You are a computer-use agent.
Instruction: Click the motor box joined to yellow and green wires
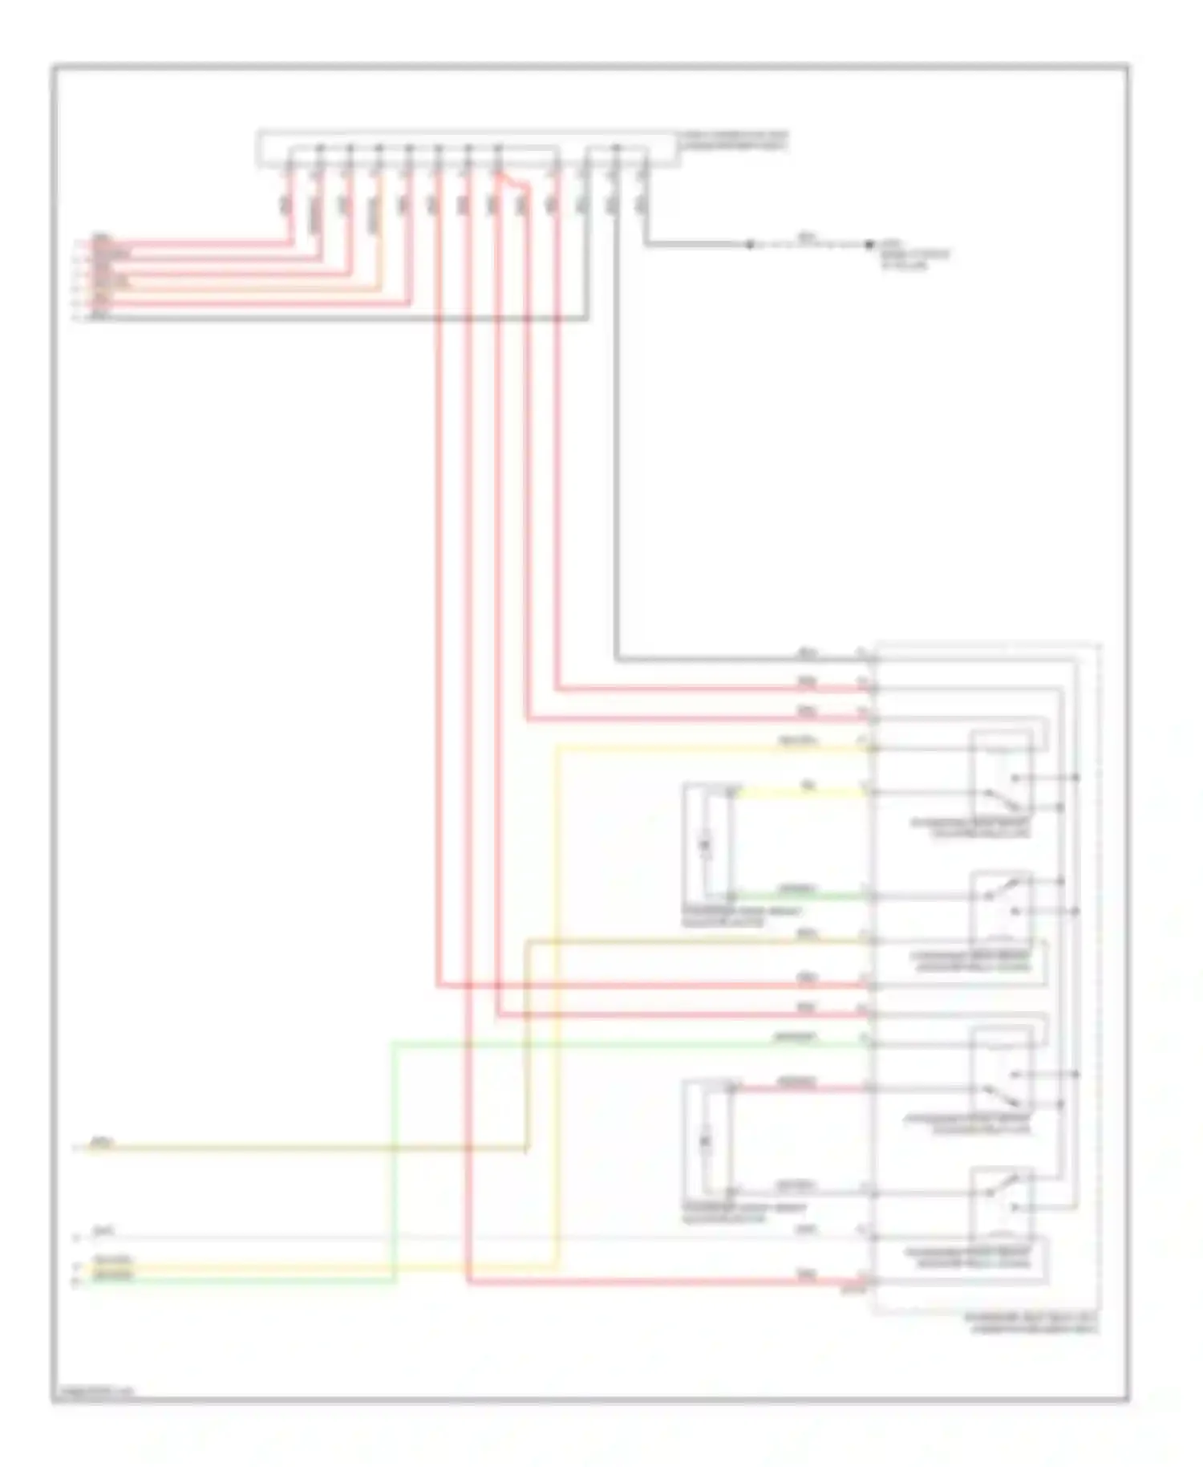click(707, 843)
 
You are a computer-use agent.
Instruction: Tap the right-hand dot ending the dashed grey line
click(869, 245)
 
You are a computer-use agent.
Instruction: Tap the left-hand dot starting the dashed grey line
click(750, 245)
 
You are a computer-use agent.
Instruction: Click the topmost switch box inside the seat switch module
click(1001, 772)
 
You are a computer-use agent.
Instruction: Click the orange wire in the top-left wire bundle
click(241, 287)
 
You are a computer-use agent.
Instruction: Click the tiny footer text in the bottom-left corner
click(95, 1391)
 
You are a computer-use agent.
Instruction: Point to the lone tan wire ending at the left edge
click(305, 1148)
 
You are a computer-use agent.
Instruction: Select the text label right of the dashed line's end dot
click(914, 254)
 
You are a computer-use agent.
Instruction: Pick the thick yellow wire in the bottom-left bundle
click(241, 1269)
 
